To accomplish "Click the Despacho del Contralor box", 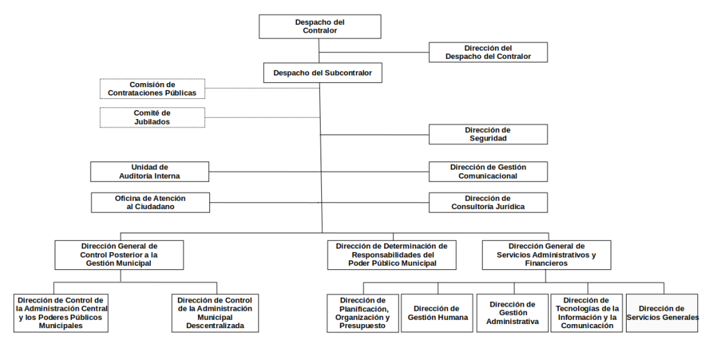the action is tap(320, 26).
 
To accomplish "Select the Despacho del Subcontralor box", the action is tap(323, 73).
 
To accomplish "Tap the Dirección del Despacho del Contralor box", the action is tap(488, 52).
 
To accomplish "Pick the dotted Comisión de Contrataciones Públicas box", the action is tap(152, 89).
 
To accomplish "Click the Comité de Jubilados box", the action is tap(152, 118).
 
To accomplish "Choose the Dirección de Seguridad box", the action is tap(488, 134).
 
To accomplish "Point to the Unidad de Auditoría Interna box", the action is tap(150, 172).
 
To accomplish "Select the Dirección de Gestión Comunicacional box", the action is tap(488, 172).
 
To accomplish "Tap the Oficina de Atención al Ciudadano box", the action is tap(150, 203).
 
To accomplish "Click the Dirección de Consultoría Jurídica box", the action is tap(488, 203).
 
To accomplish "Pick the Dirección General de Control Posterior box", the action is tap(119, 255).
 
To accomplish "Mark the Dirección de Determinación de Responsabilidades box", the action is tap(392, 255).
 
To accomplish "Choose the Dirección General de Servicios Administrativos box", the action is tap(546, 255).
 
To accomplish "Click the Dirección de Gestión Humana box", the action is tap(437, 313).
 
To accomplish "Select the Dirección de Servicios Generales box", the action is tap(662, 313).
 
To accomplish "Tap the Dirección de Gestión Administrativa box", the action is tap(512, 313).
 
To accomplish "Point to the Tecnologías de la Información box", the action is tap(586, 313).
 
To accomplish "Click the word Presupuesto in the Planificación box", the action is tap(363, 325).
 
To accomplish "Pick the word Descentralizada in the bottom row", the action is tap(215, 325).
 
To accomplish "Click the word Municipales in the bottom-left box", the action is tap(61, 325).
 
